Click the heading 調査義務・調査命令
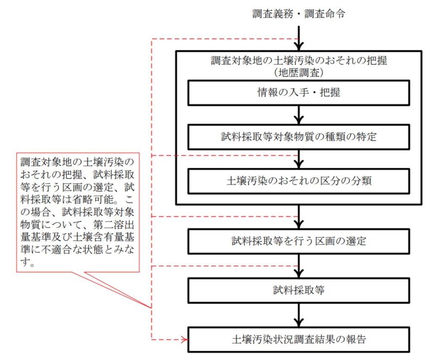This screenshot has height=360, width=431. (x=299, y=13)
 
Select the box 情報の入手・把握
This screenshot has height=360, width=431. (x=299, y=93)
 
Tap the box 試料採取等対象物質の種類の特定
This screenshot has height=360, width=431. (x=299, y=137)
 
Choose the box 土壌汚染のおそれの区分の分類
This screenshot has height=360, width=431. (x=299, y=181)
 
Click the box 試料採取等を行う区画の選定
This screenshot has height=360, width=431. (x=299, y=241)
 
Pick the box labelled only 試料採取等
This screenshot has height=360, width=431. (x=299, y=290)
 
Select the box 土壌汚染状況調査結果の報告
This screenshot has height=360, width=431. (x=299, y=339)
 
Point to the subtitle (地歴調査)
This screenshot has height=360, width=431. (x=298, y=72)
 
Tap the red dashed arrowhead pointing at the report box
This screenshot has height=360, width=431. (x=184, y=339)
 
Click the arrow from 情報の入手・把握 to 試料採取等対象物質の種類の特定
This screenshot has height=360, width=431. (x=299, y=114)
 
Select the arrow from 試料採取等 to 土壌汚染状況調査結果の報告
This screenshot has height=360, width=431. (x=299, y=314)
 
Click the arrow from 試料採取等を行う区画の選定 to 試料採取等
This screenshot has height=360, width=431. (x=299, y=265)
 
